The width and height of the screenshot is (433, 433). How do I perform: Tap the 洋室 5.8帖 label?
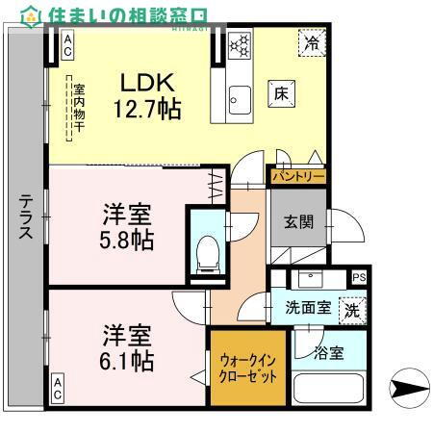[x=128, y=225]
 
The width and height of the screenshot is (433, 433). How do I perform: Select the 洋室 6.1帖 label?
[x=128, y=348]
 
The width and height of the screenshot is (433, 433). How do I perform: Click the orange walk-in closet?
[x=249, y=367]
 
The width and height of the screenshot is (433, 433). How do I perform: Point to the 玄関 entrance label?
[x=297, y=222]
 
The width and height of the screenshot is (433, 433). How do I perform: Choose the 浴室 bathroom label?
[x=328, y=353]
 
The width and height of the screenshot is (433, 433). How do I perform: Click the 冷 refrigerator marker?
[x=310, y=43]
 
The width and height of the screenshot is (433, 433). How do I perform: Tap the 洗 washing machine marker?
[x=352, y=311]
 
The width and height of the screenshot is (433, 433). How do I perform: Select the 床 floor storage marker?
[x=281, y=94]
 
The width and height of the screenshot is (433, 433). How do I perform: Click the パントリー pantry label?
[x=297, y=177]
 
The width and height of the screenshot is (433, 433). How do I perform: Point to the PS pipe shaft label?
[x=359, y=278]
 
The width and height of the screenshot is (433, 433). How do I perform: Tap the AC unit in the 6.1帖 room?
[x=57, y=389]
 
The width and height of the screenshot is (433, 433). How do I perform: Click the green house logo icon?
[x=31, y=14]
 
